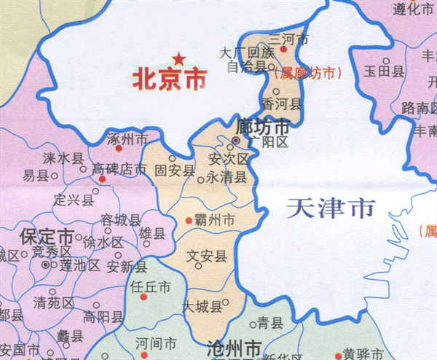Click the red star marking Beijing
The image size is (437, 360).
[x=177, y=58]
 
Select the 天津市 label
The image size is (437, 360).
[x=330, y=209]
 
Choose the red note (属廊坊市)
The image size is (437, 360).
[x=305, y=73]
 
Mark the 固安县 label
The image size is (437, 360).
[x=176, y=171]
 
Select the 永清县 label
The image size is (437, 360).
[x=227, y=176]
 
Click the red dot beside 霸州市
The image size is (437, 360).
[x=190, y=219]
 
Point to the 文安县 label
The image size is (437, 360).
[x=207, y=256]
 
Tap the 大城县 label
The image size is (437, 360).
[x=203, y=307]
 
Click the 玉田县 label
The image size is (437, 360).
[x=384, y=71]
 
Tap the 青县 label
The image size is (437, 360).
[x=269, y=323]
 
